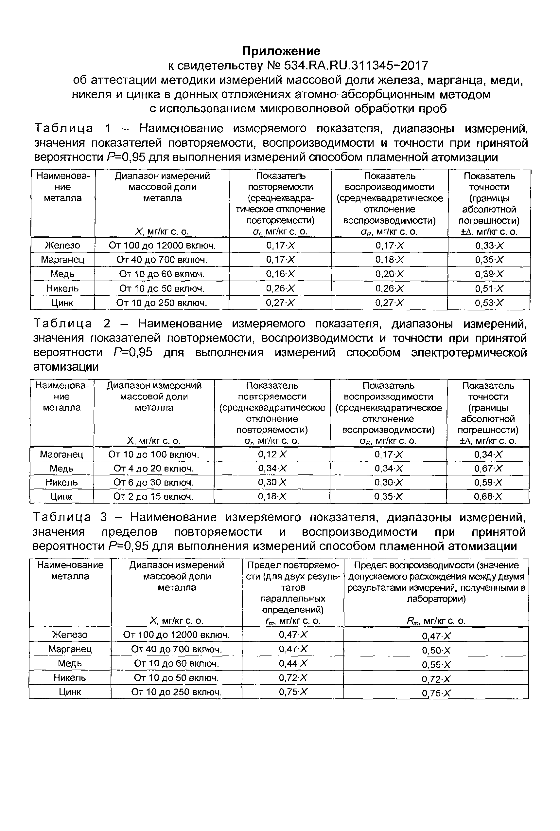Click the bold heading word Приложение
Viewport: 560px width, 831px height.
point(281,51)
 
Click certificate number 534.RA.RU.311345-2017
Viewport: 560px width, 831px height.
point(356,66)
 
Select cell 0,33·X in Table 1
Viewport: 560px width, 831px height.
point(489,246)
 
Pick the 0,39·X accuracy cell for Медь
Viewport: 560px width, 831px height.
point(489,274)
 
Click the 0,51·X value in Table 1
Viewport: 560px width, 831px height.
point(489,288)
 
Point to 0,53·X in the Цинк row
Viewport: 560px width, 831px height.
point(489,303)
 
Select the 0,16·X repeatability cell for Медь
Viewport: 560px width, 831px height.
point(280,274)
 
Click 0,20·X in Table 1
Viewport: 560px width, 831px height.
point(389,274)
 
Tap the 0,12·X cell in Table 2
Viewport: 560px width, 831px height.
point(272,454)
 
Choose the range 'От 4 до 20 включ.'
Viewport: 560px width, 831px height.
point(153,468)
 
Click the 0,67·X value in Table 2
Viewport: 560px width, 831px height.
point(488,468)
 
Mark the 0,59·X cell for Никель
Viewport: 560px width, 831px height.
point(488,483)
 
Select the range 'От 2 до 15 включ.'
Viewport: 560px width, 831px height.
point(153,496)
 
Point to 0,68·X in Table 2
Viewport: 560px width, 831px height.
point(488,496)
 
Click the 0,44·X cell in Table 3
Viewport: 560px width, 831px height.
point(293,663)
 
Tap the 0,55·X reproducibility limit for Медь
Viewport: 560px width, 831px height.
point(436,665)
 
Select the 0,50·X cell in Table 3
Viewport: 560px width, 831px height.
point(436,651)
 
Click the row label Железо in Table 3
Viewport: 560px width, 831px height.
point(70,635)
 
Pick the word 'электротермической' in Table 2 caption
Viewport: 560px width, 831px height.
point(468,353)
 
